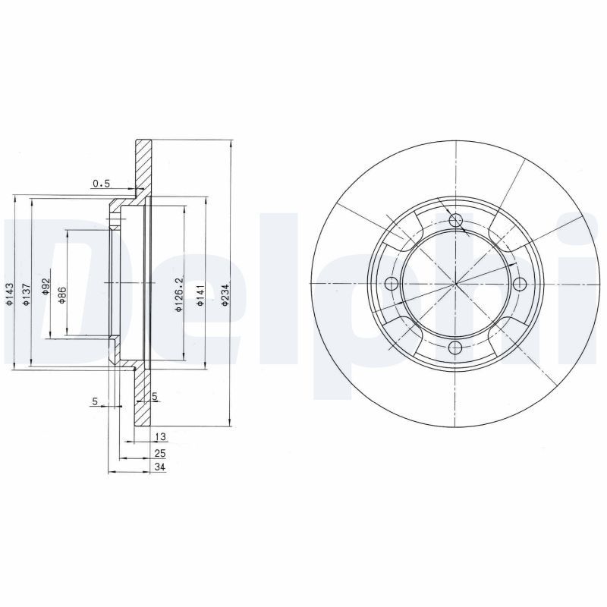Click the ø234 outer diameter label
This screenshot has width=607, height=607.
click(225, 295)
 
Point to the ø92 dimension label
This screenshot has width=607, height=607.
click(46, 287)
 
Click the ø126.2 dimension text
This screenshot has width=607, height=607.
click(178, 295)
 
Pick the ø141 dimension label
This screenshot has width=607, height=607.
click(200, 295)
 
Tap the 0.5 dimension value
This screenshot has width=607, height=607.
click(102, 184)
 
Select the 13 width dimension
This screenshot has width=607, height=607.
click(160, 437)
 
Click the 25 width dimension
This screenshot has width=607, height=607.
click(160, 453)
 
